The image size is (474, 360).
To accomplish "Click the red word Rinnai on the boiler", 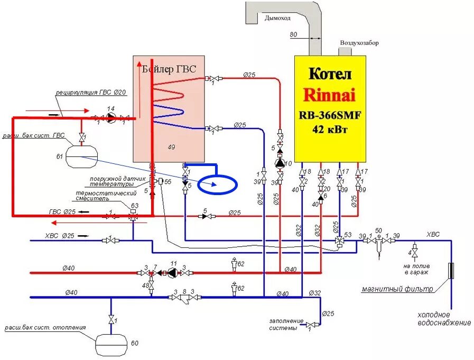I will click(x=329, y=95).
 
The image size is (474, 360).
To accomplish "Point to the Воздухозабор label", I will click(x=359, y=43).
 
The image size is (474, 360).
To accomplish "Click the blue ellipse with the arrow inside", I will click(x=218, y=184).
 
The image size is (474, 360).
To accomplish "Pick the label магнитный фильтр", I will click(x=390, y=289).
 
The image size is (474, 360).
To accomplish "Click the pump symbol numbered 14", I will click(x=110, y=117).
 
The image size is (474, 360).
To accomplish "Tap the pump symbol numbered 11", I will click(x=172, y=273).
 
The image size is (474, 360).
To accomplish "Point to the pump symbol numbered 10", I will click(x=280, y=163).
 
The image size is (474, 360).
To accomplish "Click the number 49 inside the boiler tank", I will click(x=170, y=146).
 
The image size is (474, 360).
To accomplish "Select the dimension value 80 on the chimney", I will click(x=294, y=35).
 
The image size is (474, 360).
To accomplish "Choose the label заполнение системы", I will click(x=286, y=324).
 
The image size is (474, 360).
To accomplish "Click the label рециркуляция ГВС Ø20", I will click(x=91, y=93).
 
